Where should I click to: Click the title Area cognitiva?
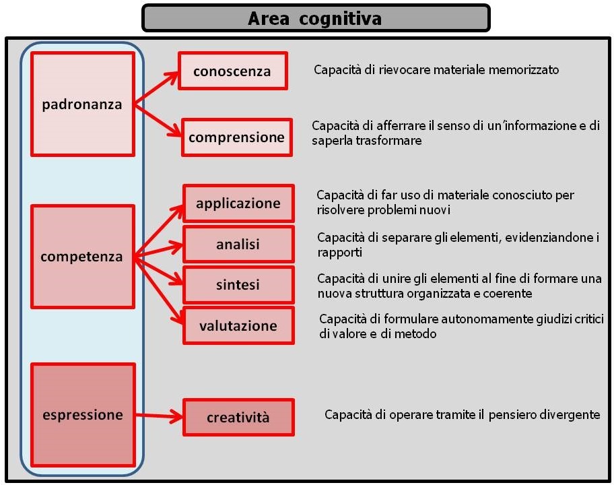[315, 18]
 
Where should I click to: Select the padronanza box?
[83, 104]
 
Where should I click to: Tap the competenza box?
[83, 257]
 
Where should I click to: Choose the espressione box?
[83, 415]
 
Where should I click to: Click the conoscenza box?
[233, 71]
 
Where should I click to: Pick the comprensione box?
[237, 137]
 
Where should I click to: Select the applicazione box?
[238, 203]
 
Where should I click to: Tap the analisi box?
[238, 245]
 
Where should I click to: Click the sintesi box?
[238, 285]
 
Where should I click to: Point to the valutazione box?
[238, 325]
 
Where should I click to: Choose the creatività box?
[238, 417]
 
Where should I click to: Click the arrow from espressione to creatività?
[159, 416]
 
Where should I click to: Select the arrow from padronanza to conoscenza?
[156, 88]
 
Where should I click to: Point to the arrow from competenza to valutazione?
[159, 291]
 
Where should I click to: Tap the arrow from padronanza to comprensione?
[158, 121]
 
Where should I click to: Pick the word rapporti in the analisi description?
[339, 253]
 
